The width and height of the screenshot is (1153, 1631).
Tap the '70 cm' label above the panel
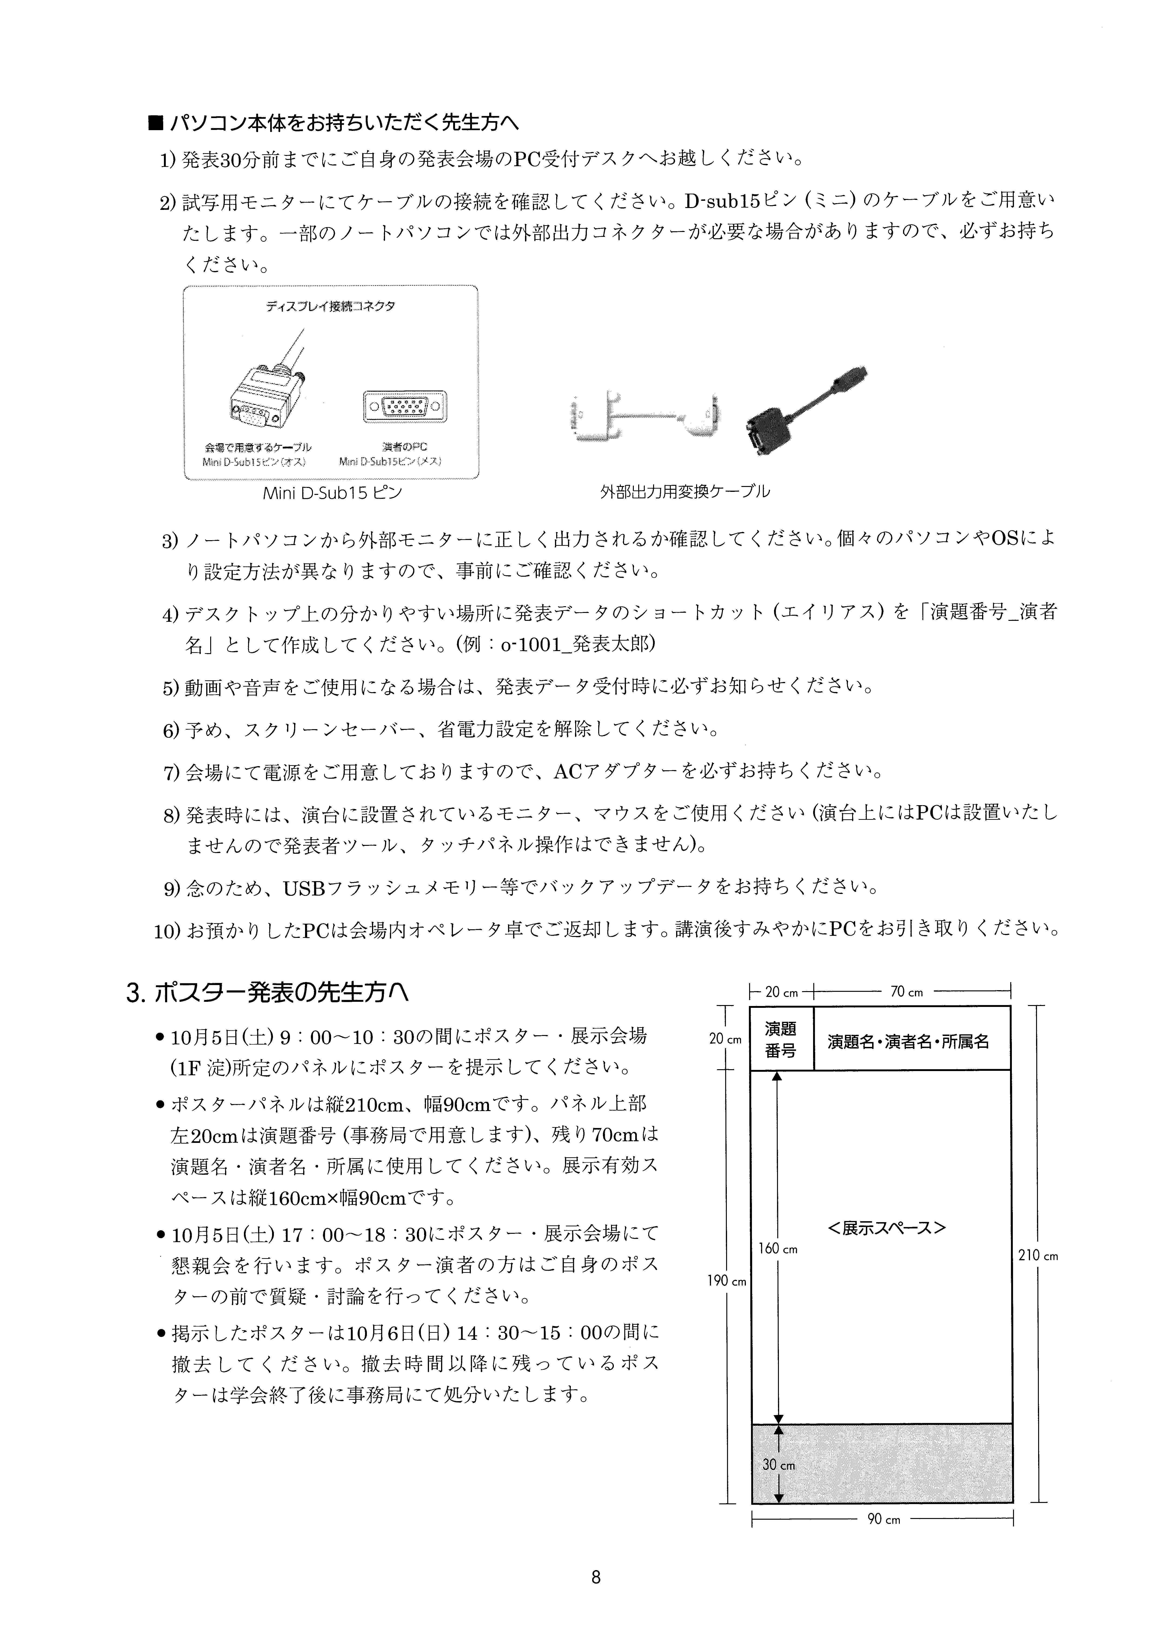[x=907, y=992]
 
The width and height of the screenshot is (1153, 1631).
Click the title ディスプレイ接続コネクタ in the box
[x=330, y=307]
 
